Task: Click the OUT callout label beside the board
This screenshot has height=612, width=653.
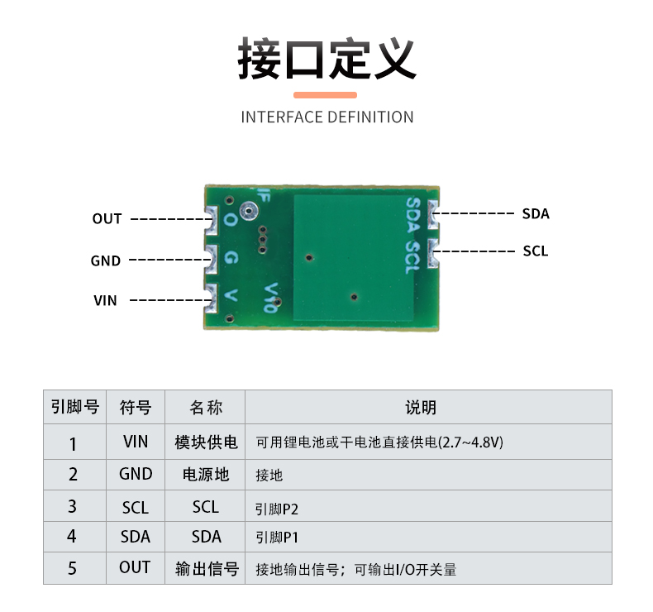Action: tap(107, 218)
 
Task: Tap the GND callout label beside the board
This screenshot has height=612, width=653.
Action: tap(106, 261)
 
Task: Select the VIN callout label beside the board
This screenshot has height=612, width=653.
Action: tap(105, 300)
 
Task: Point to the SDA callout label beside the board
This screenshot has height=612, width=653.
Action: tap(536, 213)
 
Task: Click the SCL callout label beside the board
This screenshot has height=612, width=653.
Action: tap(536, 251)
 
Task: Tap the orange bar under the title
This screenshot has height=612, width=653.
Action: tap(325, 95)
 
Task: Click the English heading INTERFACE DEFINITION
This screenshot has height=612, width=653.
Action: tap(327, 117)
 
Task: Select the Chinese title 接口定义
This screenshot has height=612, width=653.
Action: tap(327, 59)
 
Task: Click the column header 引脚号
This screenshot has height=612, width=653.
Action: tap(75, 407)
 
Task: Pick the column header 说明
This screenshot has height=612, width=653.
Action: tap(421, 408)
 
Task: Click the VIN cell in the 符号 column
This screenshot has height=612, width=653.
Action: tap(136, 442)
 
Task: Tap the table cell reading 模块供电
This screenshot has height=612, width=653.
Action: tap(206, 442)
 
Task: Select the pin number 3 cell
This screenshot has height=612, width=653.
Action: tap(72, 507)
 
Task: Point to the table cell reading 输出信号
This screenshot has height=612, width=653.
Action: tap(207, 569)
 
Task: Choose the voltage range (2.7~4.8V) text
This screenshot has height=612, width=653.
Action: tap(470, 442)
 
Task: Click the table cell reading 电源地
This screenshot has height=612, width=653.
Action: tap(206, 475)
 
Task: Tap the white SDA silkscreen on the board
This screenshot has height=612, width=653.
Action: tap(412, 215)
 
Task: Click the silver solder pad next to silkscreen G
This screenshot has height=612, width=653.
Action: tap(212, 259)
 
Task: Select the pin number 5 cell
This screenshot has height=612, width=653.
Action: tap(72, 568)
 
